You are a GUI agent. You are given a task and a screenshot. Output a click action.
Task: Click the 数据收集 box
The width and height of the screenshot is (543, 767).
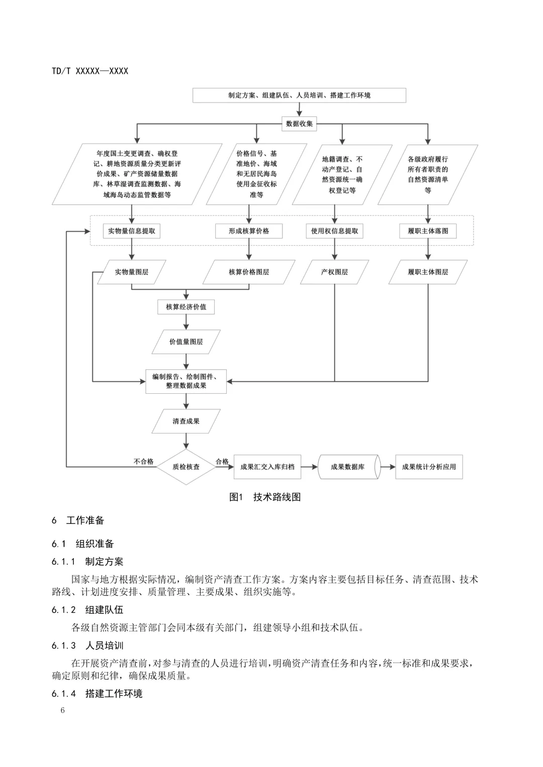(299, 124)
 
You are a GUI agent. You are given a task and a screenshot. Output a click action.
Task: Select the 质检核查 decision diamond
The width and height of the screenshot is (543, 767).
(186, 467)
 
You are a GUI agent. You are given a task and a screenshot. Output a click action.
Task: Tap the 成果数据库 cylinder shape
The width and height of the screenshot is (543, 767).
(347, 467)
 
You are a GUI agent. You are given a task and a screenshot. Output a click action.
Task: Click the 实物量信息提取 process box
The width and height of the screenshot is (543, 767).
(132, 231)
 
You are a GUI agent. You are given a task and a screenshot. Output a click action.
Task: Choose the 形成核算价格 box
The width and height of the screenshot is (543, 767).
(249, 231)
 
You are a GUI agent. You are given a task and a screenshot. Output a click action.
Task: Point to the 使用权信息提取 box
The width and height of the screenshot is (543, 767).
(334, 231)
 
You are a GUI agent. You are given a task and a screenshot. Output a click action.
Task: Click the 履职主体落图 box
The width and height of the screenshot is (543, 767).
(428, 231)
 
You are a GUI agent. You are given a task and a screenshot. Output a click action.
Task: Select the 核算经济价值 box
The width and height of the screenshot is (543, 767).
(186, 306)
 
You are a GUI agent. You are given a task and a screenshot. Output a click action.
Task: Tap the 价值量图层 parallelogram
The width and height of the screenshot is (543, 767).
(186, 342)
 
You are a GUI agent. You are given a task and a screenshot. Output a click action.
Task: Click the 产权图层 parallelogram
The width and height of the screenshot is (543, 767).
(334, 272)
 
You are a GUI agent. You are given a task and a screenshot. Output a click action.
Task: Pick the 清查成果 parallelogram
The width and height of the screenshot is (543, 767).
(186, 421)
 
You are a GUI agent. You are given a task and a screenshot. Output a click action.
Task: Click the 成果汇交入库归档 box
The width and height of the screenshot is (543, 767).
(267, 467)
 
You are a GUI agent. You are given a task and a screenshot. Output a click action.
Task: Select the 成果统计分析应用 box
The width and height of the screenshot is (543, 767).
(429, 467)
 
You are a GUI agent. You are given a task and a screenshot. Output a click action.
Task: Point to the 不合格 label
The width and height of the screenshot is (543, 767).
(144, 461)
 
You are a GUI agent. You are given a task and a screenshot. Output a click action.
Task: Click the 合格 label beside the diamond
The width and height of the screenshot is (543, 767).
(222, 461)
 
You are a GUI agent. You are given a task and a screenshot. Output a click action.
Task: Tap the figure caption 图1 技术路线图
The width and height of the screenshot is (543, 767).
(265, 497)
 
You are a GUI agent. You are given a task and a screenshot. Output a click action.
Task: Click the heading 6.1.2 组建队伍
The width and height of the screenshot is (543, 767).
(87, 610)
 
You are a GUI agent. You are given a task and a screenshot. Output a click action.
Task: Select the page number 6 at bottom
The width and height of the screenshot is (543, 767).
(62, 710)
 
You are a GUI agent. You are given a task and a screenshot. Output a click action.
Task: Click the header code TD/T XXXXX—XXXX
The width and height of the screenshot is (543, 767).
(90, 71)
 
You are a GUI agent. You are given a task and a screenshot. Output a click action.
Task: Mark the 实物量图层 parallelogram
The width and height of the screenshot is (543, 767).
(132, 272)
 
